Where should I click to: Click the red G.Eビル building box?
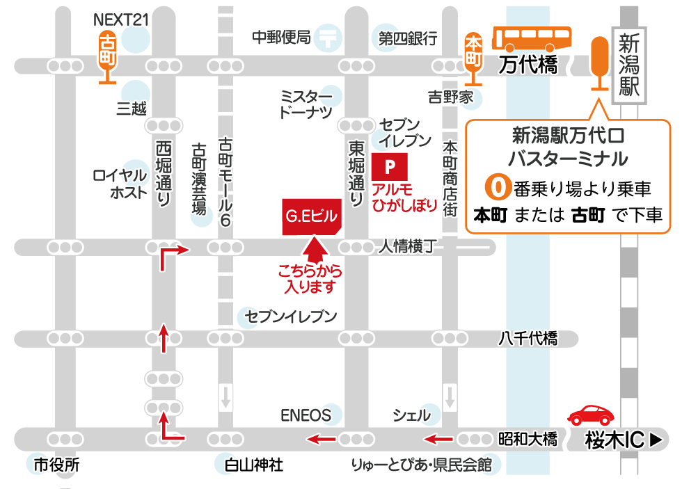click(x=311, y=216)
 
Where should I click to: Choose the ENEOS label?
click(x=306, y=415)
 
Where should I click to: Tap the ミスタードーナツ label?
click(x=306, y=104)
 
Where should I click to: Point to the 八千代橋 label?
click(x=528, y=339)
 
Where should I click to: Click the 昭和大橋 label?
click(x=528, y=440)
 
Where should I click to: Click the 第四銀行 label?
click(x=407, y=38)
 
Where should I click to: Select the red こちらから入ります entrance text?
click(x=310, y=278)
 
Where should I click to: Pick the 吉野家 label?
click(x=450, y=97)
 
